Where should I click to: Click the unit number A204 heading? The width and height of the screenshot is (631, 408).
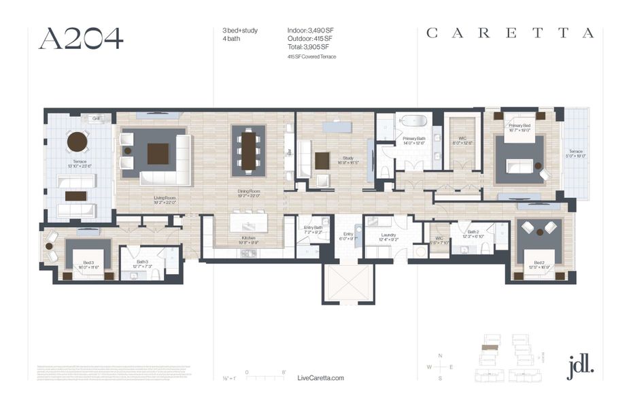point(81,39)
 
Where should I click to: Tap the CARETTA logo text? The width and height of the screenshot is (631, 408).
point(509,33)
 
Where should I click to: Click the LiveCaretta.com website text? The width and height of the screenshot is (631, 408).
point(321,378)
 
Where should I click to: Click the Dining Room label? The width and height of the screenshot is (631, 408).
point(248,193)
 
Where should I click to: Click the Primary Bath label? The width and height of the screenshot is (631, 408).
point(413,139)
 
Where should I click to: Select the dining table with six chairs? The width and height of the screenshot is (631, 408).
point(249,150)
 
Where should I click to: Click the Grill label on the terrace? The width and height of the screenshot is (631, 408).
point(97,118)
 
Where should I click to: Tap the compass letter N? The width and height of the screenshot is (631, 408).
point(440,356)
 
